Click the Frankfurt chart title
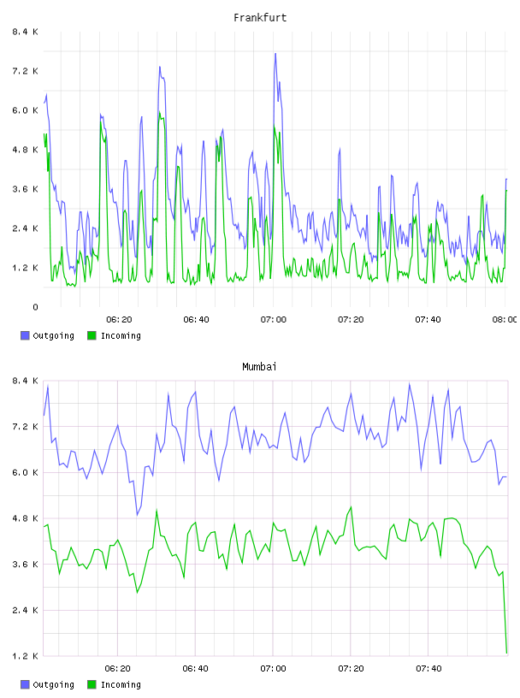260,18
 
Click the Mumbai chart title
259,367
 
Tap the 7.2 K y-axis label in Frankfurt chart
26,71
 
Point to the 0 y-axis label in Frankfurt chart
35,307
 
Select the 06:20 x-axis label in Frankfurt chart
119,320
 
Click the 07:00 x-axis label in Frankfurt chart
274,320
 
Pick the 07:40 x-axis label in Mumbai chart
428,669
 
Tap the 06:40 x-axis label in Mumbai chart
196,669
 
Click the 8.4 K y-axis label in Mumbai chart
26,381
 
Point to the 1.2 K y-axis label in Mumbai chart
26,656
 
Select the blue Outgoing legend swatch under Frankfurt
25,335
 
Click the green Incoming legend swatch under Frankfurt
92,335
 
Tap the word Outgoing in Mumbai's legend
53,684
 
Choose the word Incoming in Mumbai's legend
121,684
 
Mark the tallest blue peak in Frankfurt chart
275,54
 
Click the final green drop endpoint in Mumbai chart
506,653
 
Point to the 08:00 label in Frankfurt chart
505,320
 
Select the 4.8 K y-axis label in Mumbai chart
26,518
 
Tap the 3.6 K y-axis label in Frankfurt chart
26,189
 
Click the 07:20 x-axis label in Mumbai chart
351,669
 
